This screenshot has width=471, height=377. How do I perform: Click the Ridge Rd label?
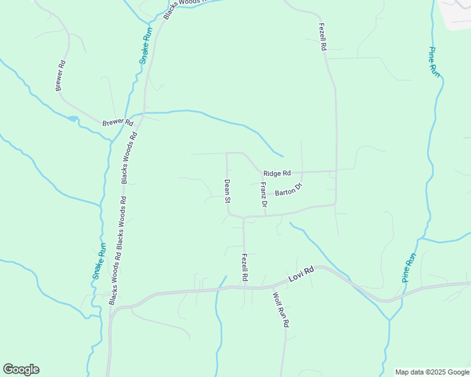pyautogui.click(x=277, y=173)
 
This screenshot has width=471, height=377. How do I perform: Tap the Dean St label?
pyautogui.click(x=227, y=192)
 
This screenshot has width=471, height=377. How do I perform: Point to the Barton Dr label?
pyautogui.click(x=289, y=190)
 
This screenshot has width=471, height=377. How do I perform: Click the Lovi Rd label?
pyautogui.click(x=301, y=276)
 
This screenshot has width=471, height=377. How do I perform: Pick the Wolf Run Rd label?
pyautogui.click(x=281, y=309)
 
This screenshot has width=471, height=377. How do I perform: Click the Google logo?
pyautogui.click(x=21, y=369)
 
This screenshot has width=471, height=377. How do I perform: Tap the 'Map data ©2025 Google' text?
pyautogui.click(x=433, y=372)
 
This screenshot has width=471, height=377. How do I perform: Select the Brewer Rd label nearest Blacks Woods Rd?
pyautogui.click(x=118, y=123)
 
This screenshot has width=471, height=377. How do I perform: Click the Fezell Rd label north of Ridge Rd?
pyautogui.click(x=322, y=37)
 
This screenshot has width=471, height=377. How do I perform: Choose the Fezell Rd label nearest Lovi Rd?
pyautogui.click(x=244, y=268)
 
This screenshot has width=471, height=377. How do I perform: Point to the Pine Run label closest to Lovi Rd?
pyautogui.click(x=409, y=267)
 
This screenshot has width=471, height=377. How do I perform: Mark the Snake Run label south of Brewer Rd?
pyautogui.click(x=99, y=261)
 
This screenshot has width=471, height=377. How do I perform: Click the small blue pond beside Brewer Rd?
pyautogui.click(x=72, y=118)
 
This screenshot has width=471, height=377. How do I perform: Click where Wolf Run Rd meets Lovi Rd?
pyautogui.click(x=272, y=287)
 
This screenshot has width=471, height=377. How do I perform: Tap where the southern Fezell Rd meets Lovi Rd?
pyautogui.click(x=244, y=287)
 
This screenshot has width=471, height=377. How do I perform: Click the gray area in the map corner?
pyautogui.click(x=458, y=14)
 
